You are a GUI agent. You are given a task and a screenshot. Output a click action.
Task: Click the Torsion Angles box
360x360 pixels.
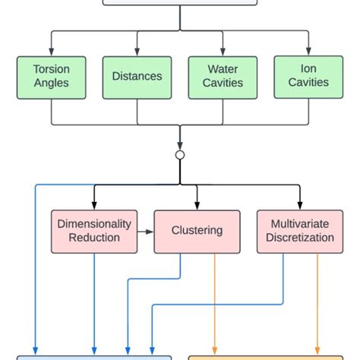(52, 76)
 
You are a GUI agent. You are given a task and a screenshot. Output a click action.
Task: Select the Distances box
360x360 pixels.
(137, 76)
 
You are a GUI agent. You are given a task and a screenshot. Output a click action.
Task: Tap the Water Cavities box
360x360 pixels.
(223, 76)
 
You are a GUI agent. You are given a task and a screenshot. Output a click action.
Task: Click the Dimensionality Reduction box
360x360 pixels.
(94, 231)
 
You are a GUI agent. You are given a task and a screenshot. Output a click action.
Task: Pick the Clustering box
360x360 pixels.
(197, 231)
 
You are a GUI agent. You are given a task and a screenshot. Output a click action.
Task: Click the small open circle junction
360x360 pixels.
(180, 155)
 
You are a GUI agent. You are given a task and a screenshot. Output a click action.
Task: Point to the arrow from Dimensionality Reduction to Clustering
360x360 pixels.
(146, 231)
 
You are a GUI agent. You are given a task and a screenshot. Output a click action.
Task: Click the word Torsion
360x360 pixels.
(52, 69)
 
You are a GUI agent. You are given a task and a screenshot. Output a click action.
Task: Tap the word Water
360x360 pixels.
(223, 69)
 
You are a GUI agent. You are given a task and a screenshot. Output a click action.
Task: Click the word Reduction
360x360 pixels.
(94, 238)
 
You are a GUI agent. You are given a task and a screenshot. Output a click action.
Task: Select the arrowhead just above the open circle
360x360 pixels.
(180, 147)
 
